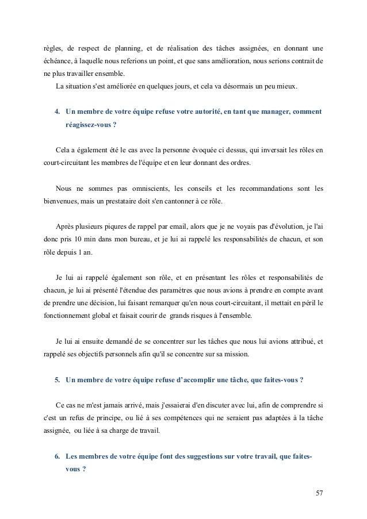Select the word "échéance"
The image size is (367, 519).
(58, 61)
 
